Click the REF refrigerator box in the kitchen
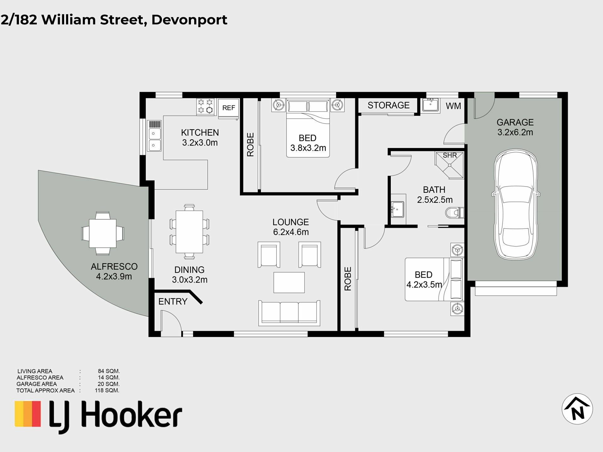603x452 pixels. coord(229,109)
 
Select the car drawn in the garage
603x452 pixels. coord(516,204)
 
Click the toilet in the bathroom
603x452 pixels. coord(454,213)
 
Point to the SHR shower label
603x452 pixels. coord(450,155)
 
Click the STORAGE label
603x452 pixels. coord(388,105)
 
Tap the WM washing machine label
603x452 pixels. coord(453,106)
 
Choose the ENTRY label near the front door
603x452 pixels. coord(173,302)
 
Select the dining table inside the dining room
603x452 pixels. coord(189,232)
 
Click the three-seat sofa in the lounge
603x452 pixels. coord(289,313)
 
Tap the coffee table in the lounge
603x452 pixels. coord(289,282)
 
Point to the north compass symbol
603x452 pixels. coord(577,409)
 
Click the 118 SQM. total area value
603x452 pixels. coord(107,391)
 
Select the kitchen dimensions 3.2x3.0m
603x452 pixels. coord(200,143)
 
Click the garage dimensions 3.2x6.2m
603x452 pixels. coord(515,132)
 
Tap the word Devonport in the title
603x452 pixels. coord(189,20)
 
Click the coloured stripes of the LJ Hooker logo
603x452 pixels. coord(28,414)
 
